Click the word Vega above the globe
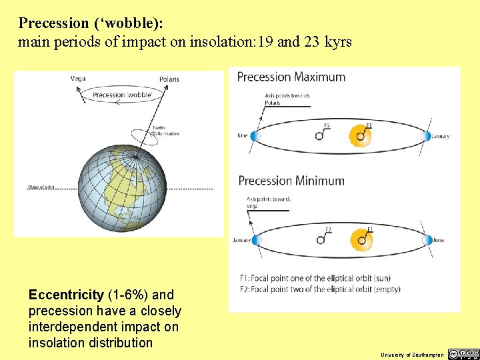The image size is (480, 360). pyautogui.click(x=78, y=79)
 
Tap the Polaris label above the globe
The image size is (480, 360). pyautogui.click(x=169, y=79)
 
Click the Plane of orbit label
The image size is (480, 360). pyautogui.click(x=41, y=187)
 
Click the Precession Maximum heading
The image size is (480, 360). pyautogui.click(x=291, y=77)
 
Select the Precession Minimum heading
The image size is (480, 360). pyautogui.click(x=291, y=181)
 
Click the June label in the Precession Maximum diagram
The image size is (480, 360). pyautogui.click(x=243, y=136)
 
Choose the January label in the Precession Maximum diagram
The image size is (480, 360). pyautogui.click(x=440, y=137)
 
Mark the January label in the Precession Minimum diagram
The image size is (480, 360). pyautogui.click(x=241, y=240)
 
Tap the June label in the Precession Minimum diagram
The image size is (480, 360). pyautogui.click(x=438, y=240)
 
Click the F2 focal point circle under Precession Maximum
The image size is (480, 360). pyautogui.click(x=320, y=136)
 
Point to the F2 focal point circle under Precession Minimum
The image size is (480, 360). pyautogui.click(x=321, y=239)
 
